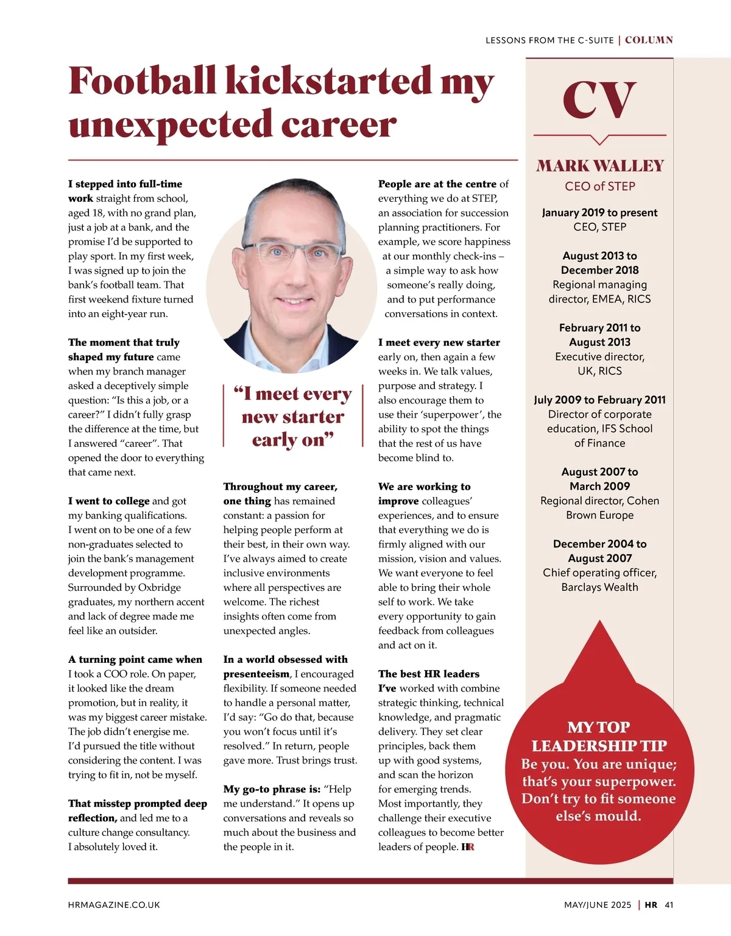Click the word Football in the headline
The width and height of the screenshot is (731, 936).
[143, 81]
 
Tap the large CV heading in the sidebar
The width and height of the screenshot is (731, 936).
[599, 101]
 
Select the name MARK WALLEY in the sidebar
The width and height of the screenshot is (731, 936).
[600, 166]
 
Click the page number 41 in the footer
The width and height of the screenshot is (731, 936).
[669, 905]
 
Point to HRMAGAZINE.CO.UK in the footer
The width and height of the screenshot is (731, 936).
[114, 905]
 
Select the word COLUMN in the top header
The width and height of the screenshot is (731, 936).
[649, 40]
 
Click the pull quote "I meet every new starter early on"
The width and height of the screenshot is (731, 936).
[293, 417]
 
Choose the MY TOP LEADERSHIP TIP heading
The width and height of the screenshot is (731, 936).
[599, 737]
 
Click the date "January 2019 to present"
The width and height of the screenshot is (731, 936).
[600, 213]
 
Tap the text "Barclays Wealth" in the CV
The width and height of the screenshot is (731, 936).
[600, 587]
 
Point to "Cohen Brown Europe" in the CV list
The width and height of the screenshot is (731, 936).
[600, 508]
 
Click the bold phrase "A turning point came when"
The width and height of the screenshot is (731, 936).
[135, 659]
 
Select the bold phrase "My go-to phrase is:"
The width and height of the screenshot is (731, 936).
[272, 789]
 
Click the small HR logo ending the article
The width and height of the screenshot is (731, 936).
[468, 847]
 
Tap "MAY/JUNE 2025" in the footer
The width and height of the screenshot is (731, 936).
[598, 905]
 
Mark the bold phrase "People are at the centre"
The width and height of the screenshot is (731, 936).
[437, 184]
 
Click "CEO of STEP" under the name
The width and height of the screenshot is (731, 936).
[600, 187]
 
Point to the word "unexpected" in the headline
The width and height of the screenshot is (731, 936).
[171, 125]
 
